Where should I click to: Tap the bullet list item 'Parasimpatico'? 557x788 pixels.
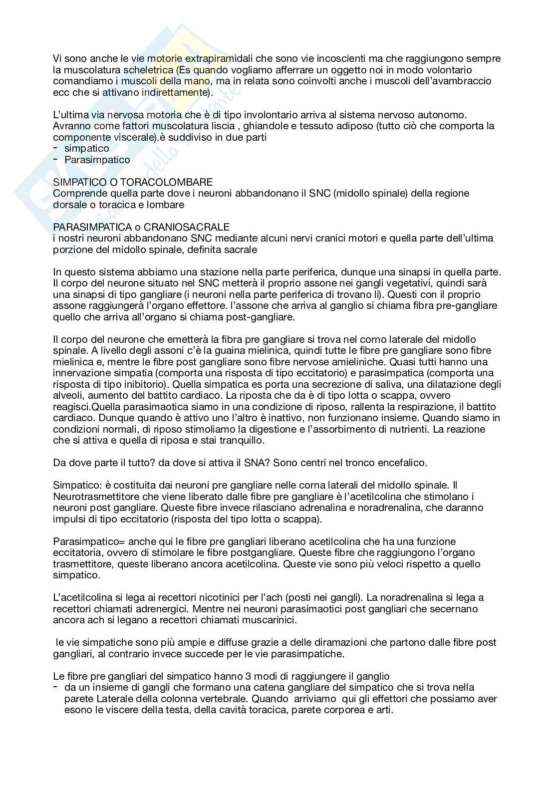coord(97,160)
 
